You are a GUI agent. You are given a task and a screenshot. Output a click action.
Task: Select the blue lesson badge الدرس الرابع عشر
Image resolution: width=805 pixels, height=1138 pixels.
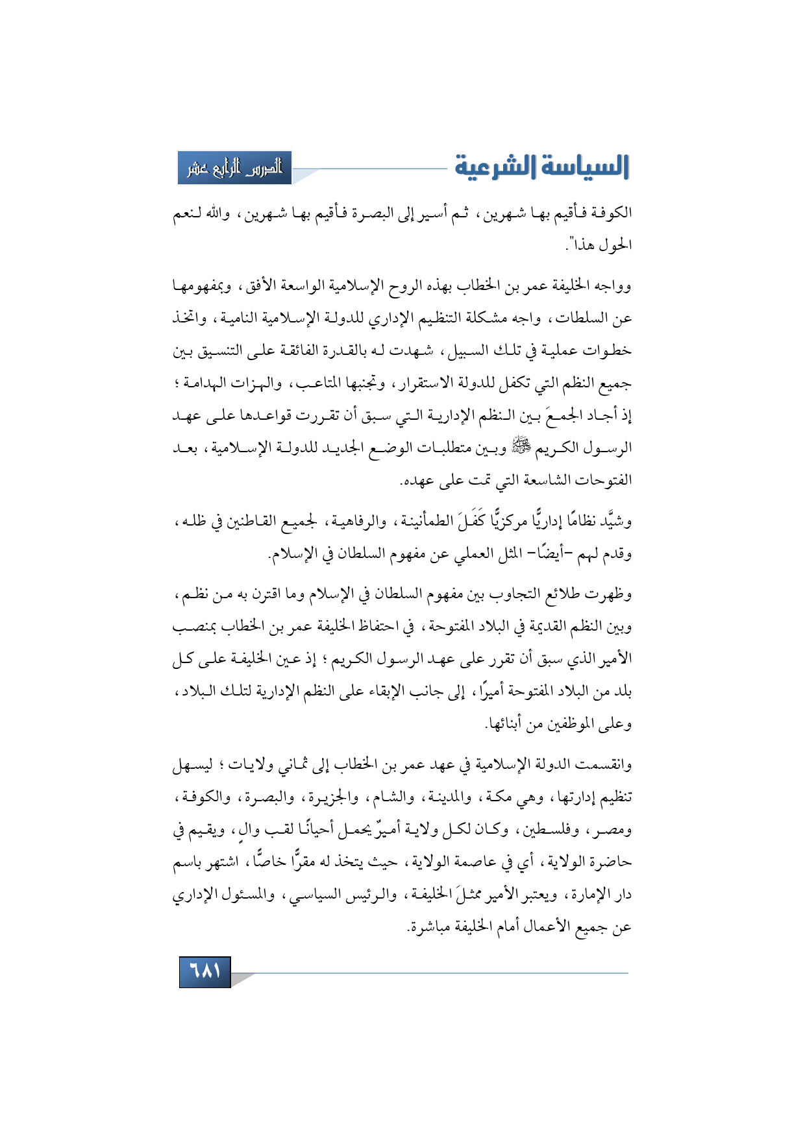[x=235, y=168]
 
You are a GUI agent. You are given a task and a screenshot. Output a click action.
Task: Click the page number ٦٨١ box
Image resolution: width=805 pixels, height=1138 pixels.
[x=205, y=971]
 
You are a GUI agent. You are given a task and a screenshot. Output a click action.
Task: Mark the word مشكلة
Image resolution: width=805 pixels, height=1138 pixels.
[x=497, y=318]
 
